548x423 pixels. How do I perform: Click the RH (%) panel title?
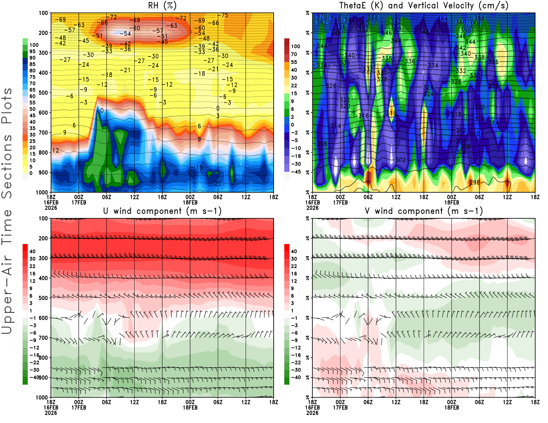[x=162, y=5]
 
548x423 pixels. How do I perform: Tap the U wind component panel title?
[x=162, y=211]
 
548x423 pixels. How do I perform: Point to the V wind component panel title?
[x=424, y=211]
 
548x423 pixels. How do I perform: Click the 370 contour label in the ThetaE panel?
[x=322, y=16]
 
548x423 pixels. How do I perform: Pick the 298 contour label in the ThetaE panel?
[x=475, y=182]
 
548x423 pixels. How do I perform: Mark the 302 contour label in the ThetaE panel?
[x=401, y=160]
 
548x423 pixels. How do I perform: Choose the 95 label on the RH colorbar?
[x=32, y=51]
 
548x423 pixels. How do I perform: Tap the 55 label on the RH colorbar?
[x=32, y=103]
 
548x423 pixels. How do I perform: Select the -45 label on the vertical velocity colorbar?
[x=296, y=172]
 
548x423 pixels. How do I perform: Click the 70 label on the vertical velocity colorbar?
[x=294, y=54]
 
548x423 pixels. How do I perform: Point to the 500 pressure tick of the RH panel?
[x=43, y=93]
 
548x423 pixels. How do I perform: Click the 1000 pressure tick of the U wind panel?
[x=42, y=397]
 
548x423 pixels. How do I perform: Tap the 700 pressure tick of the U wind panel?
[x=43, y=338]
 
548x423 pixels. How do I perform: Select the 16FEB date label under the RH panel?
[x=51, y=202]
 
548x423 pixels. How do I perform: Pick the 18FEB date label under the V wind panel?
[x=451, y=408]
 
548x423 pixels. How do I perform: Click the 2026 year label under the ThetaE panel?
[x=312, y=208]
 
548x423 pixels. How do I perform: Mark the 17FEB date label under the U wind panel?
[x=79, y=408]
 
